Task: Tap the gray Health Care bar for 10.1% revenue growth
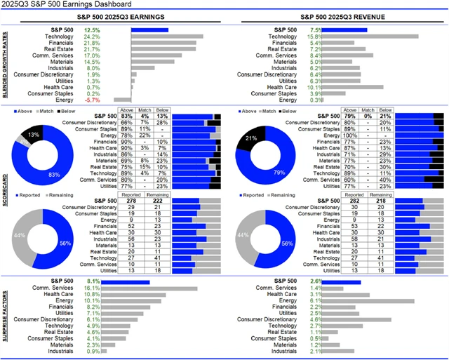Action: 354,87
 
